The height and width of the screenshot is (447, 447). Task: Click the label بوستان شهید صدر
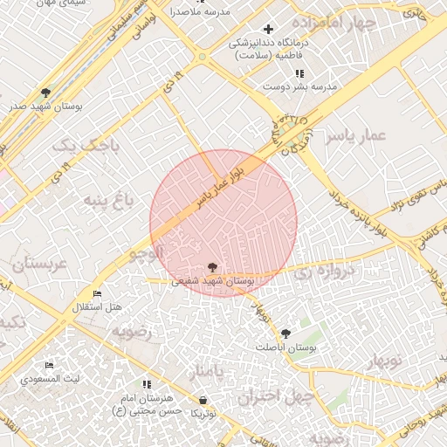point(44,106)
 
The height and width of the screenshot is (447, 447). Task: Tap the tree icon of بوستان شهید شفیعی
point(213,267)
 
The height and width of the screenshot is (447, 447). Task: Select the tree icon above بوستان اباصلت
point(285,333)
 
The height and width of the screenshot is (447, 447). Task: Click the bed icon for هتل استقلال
point(97,294)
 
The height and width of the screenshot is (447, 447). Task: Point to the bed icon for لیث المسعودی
point(49,365)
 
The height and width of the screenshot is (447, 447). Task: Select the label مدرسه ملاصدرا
point(199,12)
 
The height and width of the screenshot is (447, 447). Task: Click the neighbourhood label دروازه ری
point(326,272)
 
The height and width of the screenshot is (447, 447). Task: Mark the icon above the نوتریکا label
point(203,400)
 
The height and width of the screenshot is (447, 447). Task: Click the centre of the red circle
point(223,223)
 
